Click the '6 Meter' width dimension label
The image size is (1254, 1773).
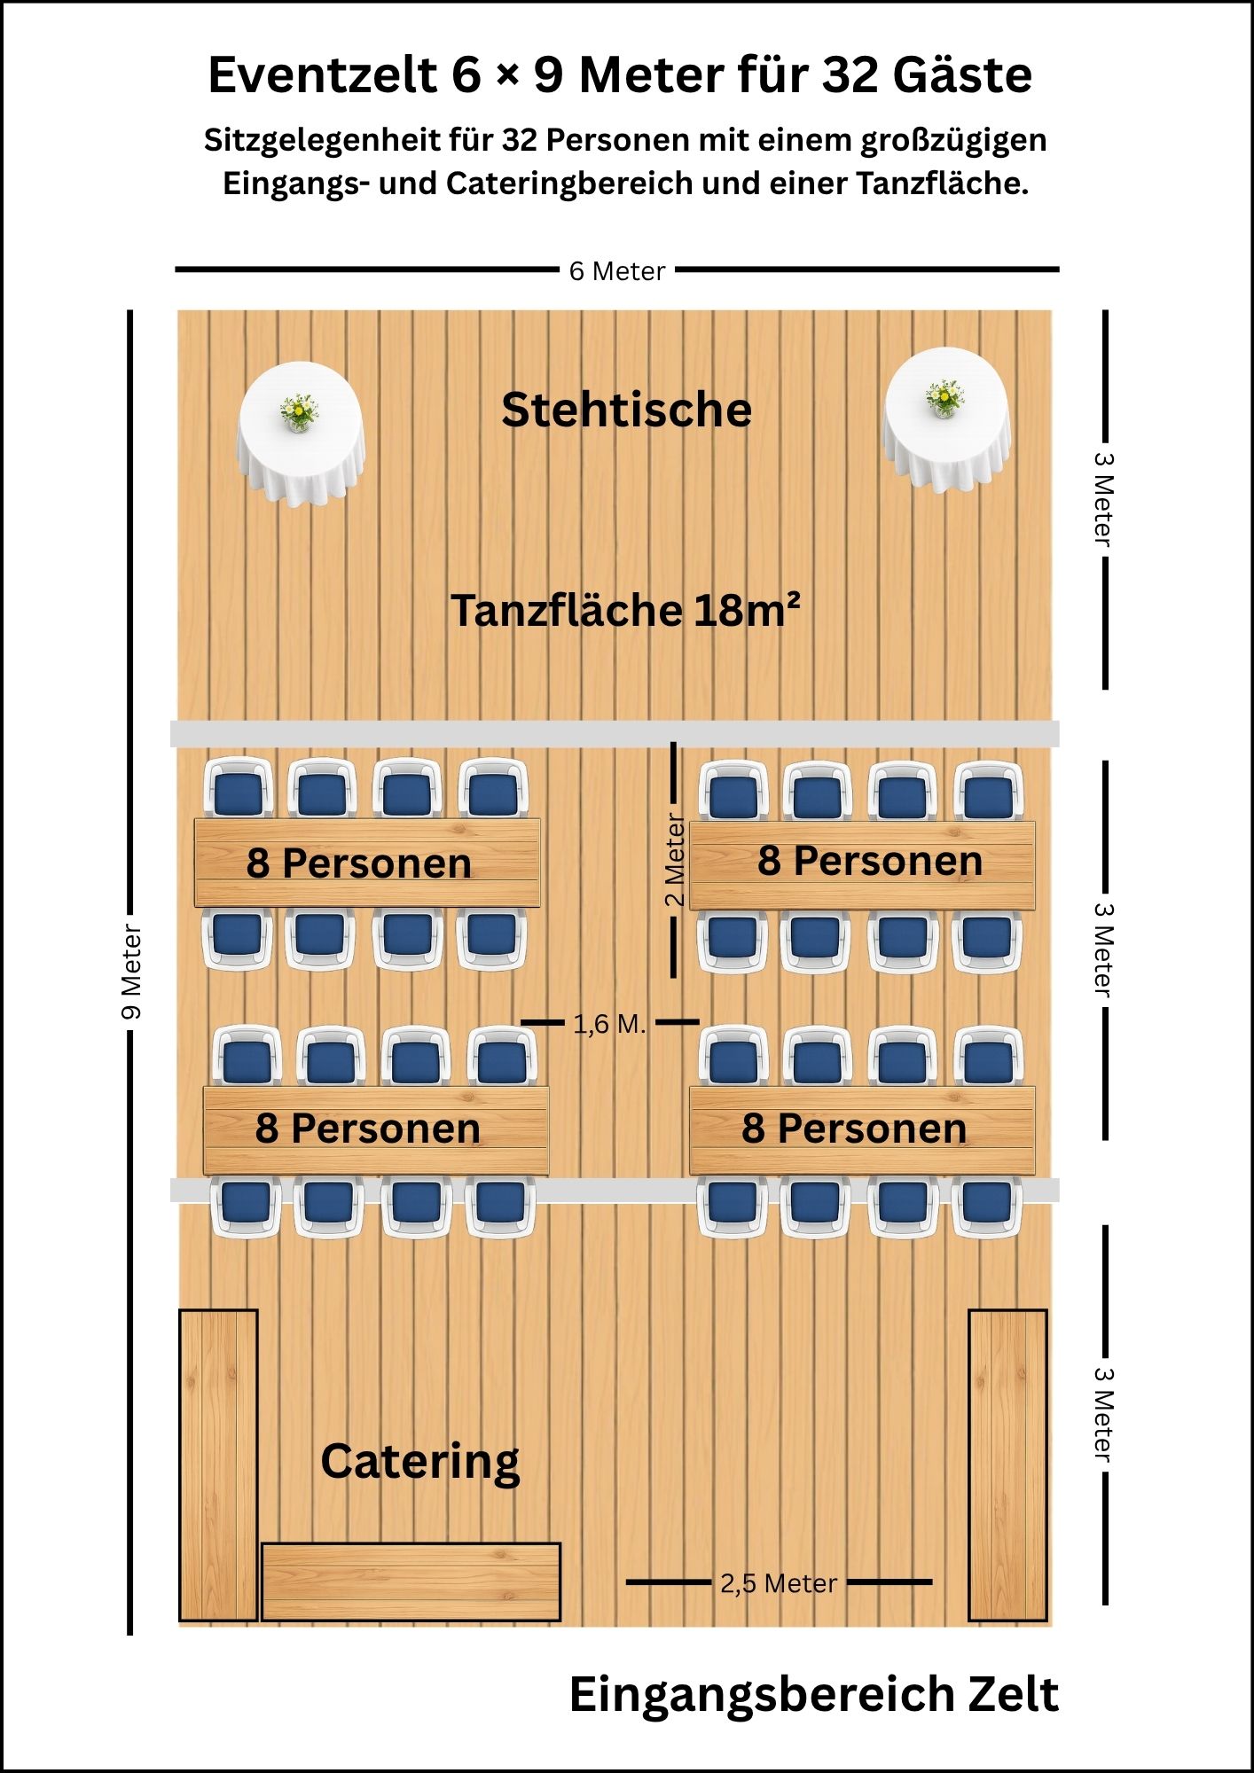coord(617,271)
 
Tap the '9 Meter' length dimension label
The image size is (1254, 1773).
coord(131,972)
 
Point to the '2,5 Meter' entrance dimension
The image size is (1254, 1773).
coord(778,1583)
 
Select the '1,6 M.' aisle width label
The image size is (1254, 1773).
coord(609,1024)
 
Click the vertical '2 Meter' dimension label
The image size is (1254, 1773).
coord(674,860)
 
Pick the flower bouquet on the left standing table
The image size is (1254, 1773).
coord(300,412)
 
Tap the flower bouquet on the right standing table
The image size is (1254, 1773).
coord(945,398)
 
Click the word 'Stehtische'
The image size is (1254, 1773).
coord(626,410)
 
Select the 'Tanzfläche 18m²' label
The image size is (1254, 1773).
coord(625,610)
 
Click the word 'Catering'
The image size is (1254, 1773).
coord(420,1462)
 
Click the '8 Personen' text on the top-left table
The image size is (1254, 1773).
coord(358,863)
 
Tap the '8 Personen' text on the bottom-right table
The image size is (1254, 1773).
coord(854,1129)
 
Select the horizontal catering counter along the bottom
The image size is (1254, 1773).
coord(411,1582)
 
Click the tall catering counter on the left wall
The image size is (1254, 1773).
coord(218,1464)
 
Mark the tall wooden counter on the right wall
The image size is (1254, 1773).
coord(1007,1464)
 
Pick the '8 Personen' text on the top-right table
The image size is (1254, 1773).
coord(870,861)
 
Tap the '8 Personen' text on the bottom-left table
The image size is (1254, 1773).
coord(368,1129)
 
